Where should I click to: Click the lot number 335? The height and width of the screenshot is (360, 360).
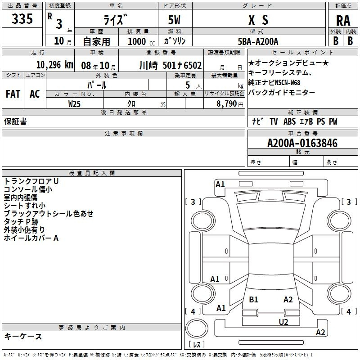coord(22,19)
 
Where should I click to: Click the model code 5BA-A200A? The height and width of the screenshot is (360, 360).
coord(258,41)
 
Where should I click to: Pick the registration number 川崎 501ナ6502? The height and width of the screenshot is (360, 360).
coord(171,65)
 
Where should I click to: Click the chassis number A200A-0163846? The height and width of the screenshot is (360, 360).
coord(302,143)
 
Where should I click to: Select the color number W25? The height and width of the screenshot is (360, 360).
coord(75,103)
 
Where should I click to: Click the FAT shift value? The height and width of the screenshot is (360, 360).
coord(13,94)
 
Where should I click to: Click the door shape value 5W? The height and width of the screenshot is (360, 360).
coord(175,21)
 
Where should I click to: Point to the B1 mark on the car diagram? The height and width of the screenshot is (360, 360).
coord(253,299)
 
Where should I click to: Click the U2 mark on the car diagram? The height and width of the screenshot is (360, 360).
coord(283,321)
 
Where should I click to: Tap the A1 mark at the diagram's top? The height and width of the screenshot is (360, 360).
coord(220,184)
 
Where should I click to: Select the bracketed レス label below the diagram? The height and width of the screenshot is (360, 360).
coord(197,344)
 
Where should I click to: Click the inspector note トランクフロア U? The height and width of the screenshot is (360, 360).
coord(31,181)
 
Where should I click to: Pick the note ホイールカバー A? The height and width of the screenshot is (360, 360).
coord(31,238)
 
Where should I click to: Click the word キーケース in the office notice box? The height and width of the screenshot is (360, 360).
coord(23,337)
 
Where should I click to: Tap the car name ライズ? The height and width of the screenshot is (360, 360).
coord(116,21)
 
